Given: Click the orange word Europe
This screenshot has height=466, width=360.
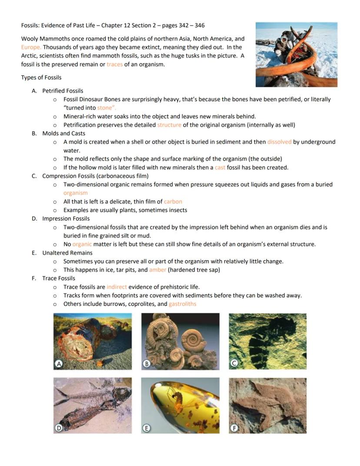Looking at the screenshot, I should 31,47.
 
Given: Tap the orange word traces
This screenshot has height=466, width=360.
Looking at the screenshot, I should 114,64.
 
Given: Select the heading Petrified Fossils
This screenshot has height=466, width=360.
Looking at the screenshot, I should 63,91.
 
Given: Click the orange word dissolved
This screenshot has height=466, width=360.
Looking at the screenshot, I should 279,142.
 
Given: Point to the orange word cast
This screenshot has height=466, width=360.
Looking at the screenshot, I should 220,168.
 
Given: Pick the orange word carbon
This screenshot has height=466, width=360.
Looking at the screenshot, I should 173,201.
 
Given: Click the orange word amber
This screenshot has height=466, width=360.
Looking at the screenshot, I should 157,270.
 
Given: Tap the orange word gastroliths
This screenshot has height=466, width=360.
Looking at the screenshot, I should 182,304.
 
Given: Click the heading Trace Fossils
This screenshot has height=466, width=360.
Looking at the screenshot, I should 59,278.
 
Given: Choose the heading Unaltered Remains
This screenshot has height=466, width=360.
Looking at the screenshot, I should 67,253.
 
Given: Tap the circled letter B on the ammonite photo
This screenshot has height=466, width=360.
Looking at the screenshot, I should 147,363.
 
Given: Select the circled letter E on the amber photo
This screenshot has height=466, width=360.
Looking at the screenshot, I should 147,428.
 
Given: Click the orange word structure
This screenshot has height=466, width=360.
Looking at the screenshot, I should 169,125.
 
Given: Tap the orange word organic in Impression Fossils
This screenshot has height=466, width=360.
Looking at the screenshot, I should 82,244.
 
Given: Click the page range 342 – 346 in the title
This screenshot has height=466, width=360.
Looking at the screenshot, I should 189,26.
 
